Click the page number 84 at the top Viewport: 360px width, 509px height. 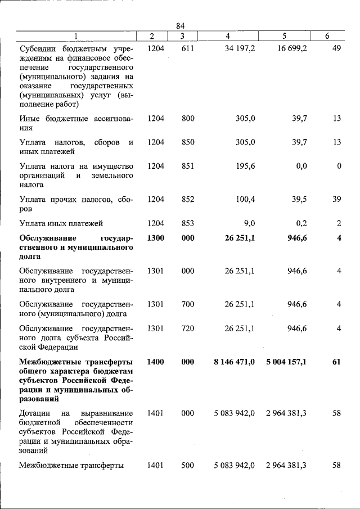point(180,26)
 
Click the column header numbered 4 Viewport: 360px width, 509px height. point(227,37)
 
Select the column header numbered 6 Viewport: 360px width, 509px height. point(327,37)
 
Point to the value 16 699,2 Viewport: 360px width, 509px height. point(291,49)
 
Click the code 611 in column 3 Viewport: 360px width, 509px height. point(188,49)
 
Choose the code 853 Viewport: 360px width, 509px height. point(188,223)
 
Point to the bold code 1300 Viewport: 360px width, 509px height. point(155,238)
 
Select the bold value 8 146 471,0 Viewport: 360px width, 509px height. point(234,362)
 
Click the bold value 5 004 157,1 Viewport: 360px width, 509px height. point(286,362)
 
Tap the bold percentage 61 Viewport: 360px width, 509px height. point(336,362)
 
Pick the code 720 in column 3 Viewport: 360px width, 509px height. point(188,328)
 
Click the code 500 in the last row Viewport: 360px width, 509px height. point(188,465)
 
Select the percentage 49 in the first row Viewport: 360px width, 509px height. point(336,49)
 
